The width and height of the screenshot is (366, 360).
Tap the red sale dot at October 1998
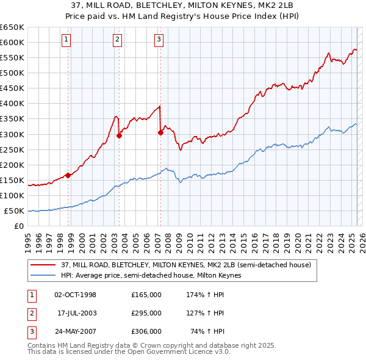(x=68, y=175)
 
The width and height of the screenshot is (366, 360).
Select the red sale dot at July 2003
(x=120, y=135)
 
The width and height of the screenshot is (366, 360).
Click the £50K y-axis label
(x=15, y=211)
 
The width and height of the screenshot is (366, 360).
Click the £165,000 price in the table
(x=146, y=295)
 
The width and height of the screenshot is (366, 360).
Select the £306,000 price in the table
(x=146, y=331)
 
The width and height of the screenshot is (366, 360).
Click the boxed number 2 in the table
(x=31, y=313)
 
